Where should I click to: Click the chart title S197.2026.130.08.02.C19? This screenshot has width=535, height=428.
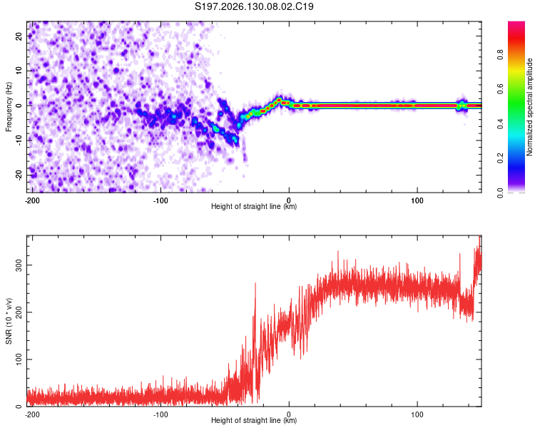pyautogui.click(x=254, y=6)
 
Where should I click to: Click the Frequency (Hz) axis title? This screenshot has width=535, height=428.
pyautogui.click(x=9, y=106)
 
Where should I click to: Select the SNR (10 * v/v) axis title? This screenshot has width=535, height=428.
pyautogui.click(x=9, y=321)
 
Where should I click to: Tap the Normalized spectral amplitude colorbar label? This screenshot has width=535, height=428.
pyautogui.click(x=529, y=107)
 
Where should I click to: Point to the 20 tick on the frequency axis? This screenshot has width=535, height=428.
pyautogui.click(x=19, y=36)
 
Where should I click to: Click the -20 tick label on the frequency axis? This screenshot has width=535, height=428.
pyautogui.click(x=19, y=175)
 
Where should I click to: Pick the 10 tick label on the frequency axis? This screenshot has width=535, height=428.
pyautogui.click(x=19, y=71)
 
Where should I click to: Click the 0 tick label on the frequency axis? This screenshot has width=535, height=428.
pyautogui.click(x=19, y=106)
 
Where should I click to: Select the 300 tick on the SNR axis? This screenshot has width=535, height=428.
pyautogui.click(x=19, y=265)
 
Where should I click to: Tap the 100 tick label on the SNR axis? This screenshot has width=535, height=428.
pyautogui.click(x=19, y=359)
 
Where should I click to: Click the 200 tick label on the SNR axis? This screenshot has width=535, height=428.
pyautogui.click(x=19, y=312)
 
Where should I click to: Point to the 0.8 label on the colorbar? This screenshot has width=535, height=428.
pyautogui.click(x=500, y=55)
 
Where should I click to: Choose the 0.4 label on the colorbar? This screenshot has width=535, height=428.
pyautogui.click(x=500, y=124)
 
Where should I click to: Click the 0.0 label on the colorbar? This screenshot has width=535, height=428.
pyautogui.click(x=500, y=193)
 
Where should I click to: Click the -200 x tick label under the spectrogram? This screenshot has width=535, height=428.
pyautogui.click(x=32, y=200)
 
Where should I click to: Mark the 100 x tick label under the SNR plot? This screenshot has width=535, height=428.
pyautogui.click(x=417, y=414)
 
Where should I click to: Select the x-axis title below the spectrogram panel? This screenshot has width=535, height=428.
pyautogui.click(x=254, y=206)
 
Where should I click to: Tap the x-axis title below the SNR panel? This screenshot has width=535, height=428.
pyautogui.click(x=254, y=420)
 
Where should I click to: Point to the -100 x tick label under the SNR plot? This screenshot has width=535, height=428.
pyautogui.click(x=160, y=414)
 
